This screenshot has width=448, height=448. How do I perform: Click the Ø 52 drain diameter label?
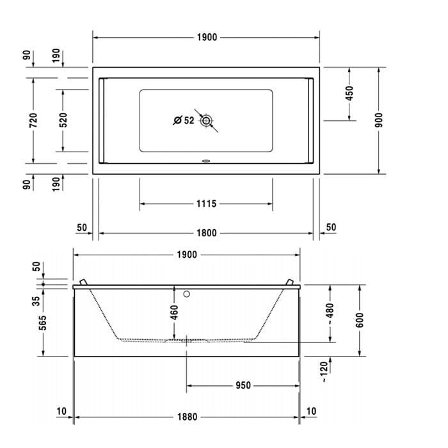pyautogui.click(x=184, y=120)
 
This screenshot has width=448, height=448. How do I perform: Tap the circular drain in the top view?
pyautogui.click(x=205, y=121)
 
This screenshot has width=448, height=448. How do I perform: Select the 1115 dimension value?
pyautogui.click(x=206, y=204)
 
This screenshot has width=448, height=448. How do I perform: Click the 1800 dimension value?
pyautogui.click(x=206, y=233)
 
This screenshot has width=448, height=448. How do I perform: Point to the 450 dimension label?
pyautogui.click(x=349, y=93)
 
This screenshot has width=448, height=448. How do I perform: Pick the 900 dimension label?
pyautogui.click(x=379, y=120)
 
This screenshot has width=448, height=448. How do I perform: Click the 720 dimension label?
pyautogui.click(x=33, y=120)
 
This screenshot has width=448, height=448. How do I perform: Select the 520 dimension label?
pyautogui.click(x=63, y=120)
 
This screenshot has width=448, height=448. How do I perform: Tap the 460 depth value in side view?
pyautogui.click(x=174, y=312)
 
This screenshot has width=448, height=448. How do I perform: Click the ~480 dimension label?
pyautogui.click(x=330, y=314)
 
